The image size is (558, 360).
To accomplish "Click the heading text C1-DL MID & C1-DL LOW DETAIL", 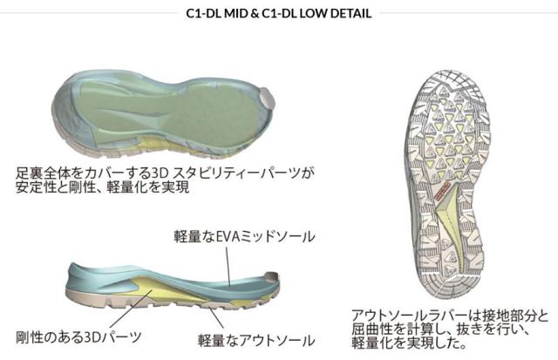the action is [x=279, y=13].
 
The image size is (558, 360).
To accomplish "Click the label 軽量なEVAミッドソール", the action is [x=244, y=236].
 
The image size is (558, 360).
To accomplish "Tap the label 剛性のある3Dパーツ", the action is [x=78, y=336].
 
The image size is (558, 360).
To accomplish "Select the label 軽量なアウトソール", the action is [x=256, y=341].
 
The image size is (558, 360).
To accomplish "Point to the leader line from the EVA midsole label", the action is [x=228, y=267].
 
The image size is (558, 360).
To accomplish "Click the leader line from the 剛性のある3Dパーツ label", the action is [x=132, y=308].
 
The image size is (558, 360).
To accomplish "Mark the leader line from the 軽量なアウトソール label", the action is [x=216, y=318].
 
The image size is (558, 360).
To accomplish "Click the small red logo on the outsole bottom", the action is [x=443, y=192].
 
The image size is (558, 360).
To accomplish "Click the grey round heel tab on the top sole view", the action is [x=267, y=98].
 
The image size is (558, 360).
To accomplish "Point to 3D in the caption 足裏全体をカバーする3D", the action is [x=159, y=173].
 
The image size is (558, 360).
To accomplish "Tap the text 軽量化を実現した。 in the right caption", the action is [x=409, y=343].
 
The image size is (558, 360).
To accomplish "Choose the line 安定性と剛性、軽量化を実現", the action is [x=103, y=187].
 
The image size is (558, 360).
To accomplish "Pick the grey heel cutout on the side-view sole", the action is [x=273, y=275].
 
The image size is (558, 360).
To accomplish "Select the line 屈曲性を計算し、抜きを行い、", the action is [x=440, y=329].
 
